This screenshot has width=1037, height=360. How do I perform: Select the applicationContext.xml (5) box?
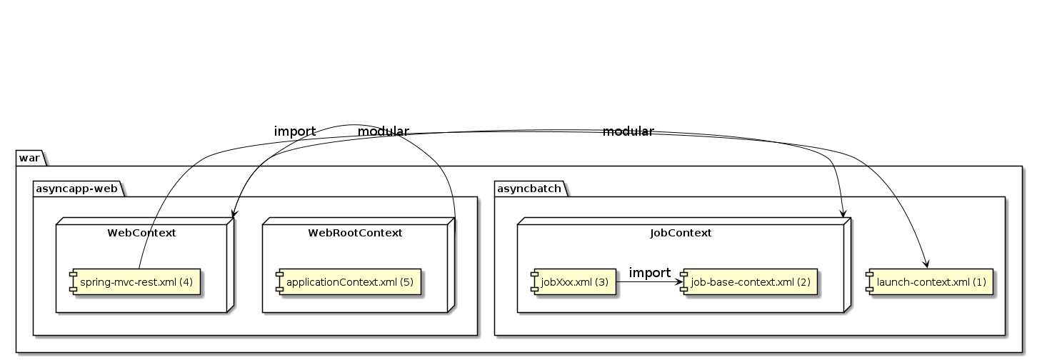tap(349, 281)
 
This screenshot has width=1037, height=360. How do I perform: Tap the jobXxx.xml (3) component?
tap(573, 281)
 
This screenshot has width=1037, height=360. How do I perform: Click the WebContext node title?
tap(141, 233)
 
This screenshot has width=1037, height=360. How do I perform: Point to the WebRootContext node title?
tap(355, 233)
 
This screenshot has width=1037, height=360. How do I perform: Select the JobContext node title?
tap(681, 233)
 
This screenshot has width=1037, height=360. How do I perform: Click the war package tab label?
tap(29, 156)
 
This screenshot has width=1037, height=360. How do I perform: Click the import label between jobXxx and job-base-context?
tap(649, 273)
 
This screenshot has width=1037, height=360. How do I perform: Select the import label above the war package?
tap(294, 131)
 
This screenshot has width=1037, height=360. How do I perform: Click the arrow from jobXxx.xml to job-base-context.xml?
tap(647, 281)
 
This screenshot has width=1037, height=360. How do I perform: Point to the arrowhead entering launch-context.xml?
tap(926, 263)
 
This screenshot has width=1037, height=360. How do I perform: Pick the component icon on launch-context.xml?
tap(869, 281)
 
